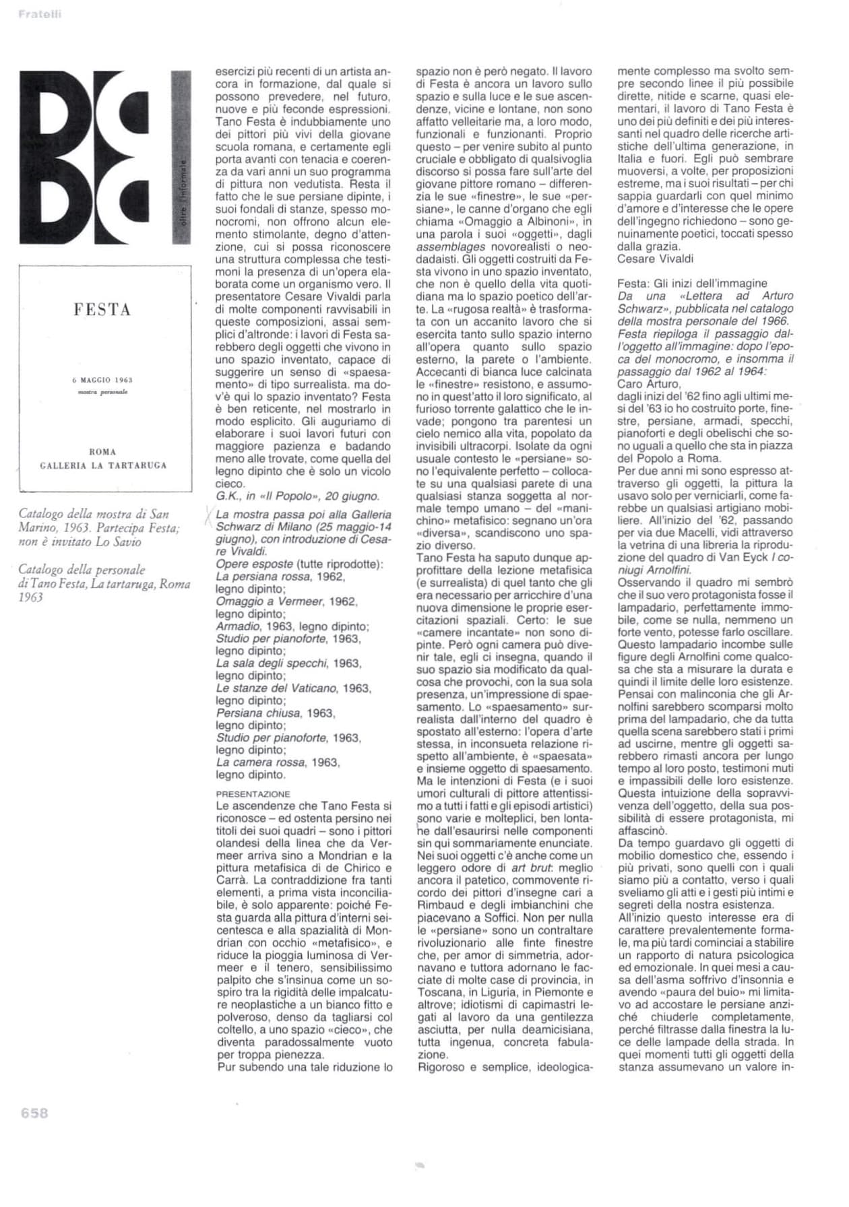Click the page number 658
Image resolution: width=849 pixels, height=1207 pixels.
coord(34,1113)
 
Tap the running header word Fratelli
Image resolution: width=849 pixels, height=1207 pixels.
coord(40,14)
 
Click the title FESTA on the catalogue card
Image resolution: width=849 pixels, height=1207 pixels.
coord(102,310)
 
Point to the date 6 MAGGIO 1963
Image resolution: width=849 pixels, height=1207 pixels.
coord(102,381)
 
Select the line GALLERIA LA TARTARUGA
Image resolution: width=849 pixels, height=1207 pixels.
coord(103,465)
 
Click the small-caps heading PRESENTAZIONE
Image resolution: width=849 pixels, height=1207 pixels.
coord(253,794)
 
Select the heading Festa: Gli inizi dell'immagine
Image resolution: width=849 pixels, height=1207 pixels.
coord(692,284)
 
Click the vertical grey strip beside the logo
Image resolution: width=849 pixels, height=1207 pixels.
coord(181,157)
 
